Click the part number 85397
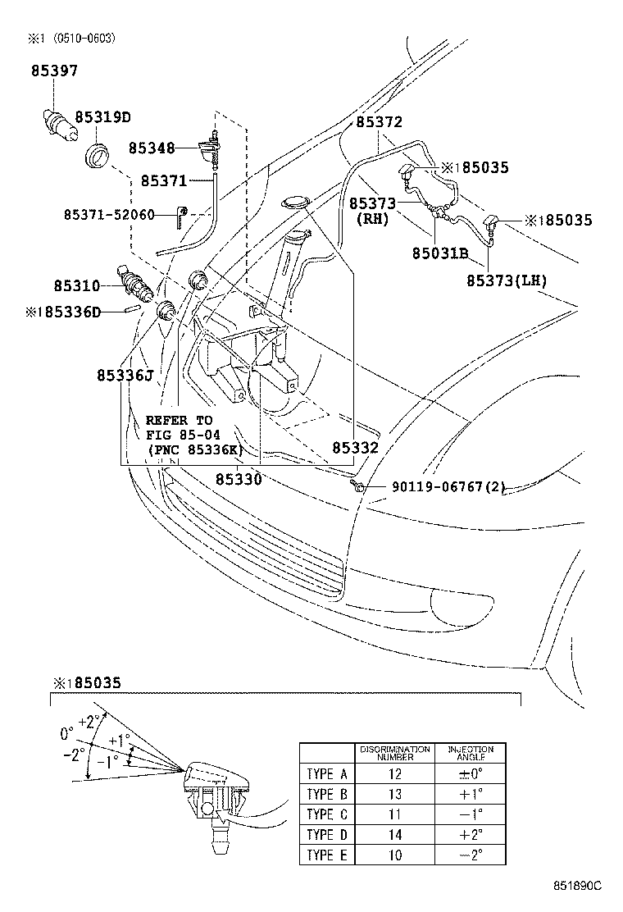[x=55, y=71]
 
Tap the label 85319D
[x=103, y=117]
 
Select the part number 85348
[x=151, y=148]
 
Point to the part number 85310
[x=77, y=285]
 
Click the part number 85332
[x=355, y=448]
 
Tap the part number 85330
[x=239, y=478]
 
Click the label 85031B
[x=439, y=254]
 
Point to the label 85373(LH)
[x=507, y=280]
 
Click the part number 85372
[x=379, y=122]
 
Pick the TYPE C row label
[x=326, y=815]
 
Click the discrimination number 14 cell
[x=395, y=835]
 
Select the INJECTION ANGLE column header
[x=470, y=753]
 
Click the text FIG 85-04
[x=179, y=435]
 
